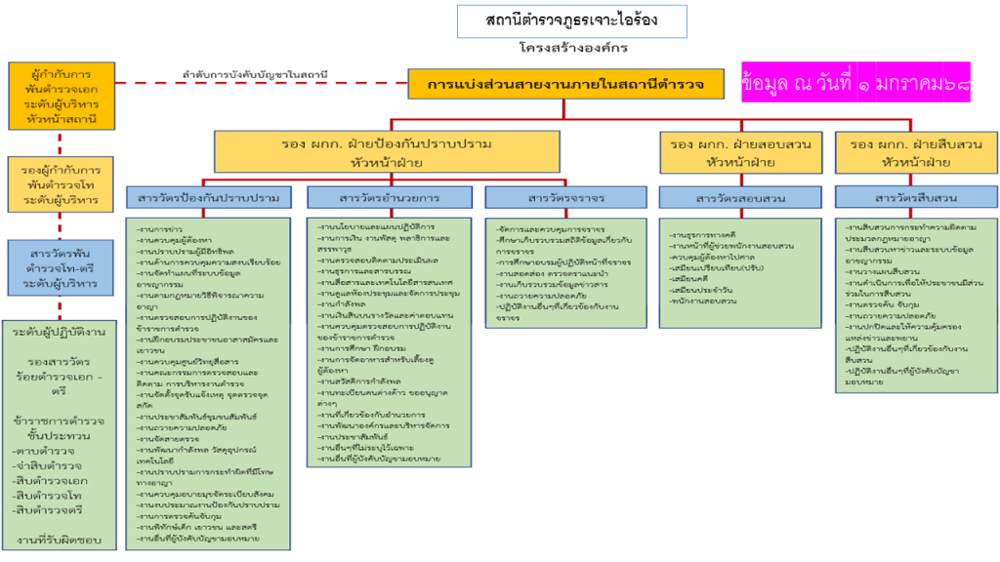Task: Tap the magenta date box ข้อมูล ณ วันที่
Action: click(x=856, y=85)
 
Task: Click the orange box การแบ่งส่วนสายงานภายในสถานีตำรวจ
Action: click(x=565, y=84)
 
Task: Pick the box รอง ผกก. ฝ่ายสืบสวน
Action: click(x=914, y=151)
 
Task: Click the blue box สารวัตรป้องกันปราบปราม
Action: click(x=209, y=197)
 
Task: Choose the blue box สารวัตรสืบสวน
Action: click(x=915, y=197)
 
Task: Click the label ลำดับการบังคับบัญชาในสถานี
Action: click(x=254, y=74)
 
